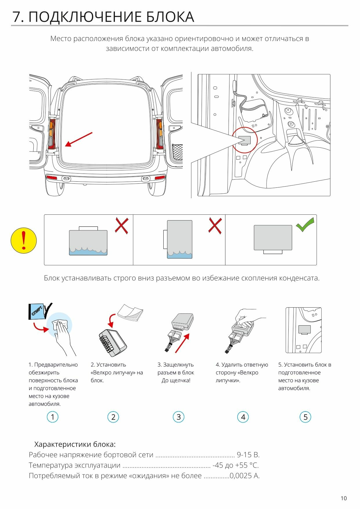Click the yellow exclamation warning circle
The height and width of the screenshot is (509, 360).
pyautogui.click(x=23, y=241)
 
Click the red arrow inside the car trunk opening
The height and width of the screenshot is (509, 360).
pyautogui.click(x=79, y=139)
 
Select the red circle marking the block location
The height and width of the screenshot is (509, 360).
pyautogui.click(x=245, y=140)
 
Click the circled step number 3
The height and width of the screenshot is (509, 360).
pyautogui.click(x=178, y=417)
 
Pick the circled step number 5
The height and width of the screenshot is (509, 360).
pyautogui.click(x=305, y=417)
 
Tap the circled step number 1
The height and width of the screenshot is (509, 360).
pyautogui.click(x=53, y=417)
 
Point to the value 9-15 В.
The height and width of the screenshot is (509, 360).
pyautogui.click(x=248, y=455)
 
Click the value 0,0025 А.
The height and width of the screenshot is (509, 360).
pyautogui.click(x=244, y=476)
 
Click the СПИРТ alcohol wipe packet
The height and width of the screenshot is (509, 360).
pyautogui.click(x=37, y=311)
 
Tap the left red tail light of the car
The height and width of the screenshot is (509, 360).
pyautogui.click(x=52, y=134)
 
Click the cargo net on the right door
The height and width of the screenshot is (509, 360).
pyautogui.click(x=177, y=153)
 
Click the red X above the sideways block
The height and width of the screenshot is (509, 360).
pyautogui.click(x=215, y=226)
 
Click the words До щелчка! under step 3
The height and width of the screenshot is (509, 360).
pyautogui.click(x=176, y=380)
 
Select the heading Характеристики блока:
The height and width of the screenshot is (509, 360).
pyautogui.click(x=75, y=444)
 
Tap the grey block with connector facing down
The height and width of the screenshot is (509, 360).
pyautogui.click(x=273, y=238)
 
